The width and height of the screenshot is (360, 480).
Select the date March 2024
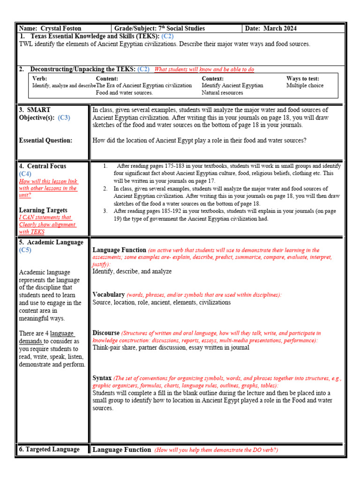280,29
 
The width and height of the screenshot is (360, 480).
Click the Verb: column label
39,79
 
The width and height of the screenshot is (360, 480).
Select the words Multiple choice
305,86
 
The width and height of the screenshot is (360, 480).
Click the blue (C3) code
64,118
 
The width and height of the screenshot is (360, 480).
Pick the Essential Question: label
45,140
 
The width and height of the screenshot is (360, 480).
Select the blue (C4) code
25,174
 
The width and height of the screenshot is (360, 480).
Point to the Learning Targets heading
43,210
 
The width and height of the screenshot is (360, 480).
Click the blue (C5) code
25,250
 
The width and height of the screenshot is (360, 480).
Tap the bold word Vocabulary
108,294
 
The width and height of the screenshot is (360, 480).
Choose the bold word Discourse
106,333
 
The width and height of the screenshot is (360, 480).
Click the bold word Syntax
102,378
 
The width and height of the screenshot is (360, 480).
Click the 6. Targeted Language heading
49,449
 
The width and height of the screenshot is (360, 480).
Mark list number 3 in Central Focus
105,211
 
